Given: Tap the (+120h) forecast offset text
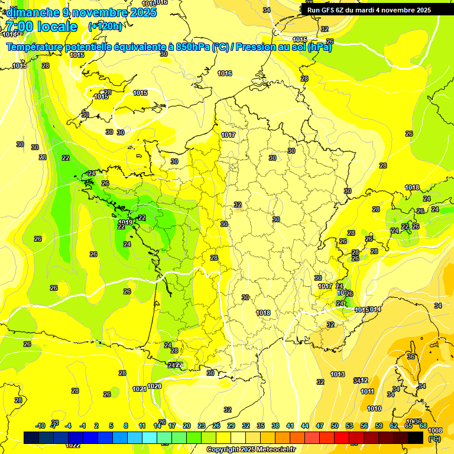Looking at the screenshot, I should point(106,26).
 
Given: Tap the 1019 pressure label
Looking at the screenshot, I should point(125,222).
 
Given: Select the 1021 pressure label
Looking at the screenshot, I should point(140,388).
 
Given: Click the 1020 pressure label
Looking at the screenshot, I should point(154,386).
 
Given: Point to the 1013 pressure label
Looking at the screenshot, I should point(338,374).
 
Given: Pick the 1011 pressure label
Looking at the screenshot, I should point(367,391).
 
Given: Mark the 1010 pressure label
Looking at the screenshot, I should point(374,408).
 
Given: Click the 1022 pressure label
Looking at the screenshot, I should point(73,445).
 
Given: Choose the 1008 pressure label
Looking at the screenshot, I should point(434,430).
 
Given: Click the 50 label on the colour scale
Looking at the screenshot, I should point(335,426).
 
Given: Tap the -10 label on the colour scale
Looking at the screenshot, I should point(40,426).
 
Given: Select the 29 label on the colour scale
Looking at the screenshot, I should point(231,426).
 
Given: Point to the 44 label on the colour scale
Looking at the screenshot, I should point(305,426).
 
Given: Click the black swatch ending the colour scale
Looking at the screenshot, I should point(416,437).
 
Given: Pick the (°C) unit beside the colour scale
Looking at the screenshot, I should point(434,439).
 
